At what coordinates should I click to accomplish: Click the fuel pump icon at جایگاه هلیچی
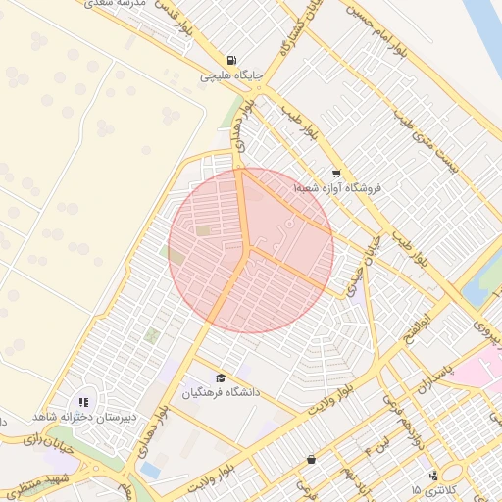coord(231,59)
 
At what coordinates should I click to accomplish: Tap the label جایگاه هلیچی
coord(230,75)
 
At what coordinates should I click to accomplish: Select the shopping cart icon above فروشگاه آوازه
coord(336,172)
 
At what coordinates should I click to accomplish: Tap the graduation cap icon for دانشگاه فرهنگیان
coord(221,377)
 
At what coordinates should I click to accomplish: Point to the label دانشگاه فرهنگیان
coord(221,392)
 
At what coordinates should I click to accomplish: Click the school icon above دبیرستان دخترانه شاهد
coord(84,401)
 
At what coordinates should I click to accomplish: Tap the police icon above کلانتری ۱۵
coord(434,476)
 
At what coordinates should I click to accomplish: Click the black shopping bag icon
coord(312,459)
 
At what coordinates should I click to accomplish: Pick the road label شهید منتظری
coord(31,482)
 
